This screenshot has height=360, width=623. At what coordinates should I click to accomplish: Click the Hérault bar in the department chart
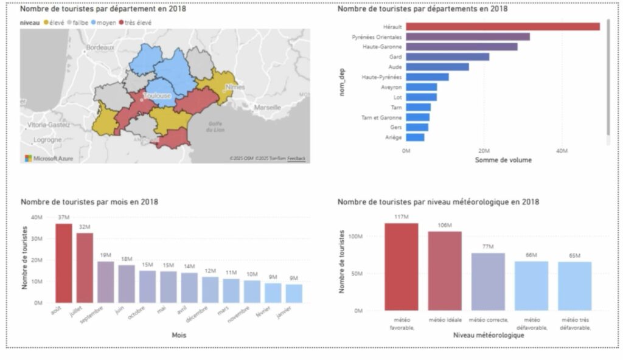tap(502, 27)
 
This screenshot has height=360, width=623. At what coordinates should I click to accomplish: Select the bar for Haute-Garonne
tap(461, 47)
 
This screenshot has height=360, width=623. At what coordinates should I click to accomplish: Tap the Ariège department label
tap(392, 137)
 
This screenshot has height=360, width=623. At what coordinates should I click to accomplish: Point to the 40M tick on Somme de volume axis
tap(562, 150)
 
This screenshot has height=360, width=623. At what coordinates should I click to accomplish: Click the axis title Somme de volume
tap(503, 160)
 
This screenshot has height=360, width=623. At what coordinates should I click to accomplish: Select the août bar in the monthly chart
tap(64, 263)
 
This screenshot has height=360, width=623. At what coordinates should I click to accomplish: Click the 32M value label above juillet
tap(84, 227)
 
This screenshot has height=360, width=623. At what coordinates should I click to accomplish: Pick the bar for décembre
tap(209, 289)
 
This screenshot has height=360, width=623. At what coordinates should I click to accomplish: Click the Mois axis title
tap(179, 334)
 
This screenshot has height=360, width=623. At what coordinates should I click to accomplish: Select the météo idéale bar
tap(444, 271)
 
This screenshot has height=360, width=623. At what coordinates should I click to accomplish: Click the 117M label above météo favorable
tap(401, 217)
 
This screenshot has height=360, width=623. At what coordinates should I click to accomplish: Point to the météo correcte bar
tap(488, 282)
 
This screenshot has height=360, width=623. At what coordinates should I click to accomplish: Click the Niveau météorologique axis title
tap(488, 334)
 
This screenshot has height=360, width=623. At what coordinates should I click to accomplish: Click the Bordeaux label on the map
tap(100, 47)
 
